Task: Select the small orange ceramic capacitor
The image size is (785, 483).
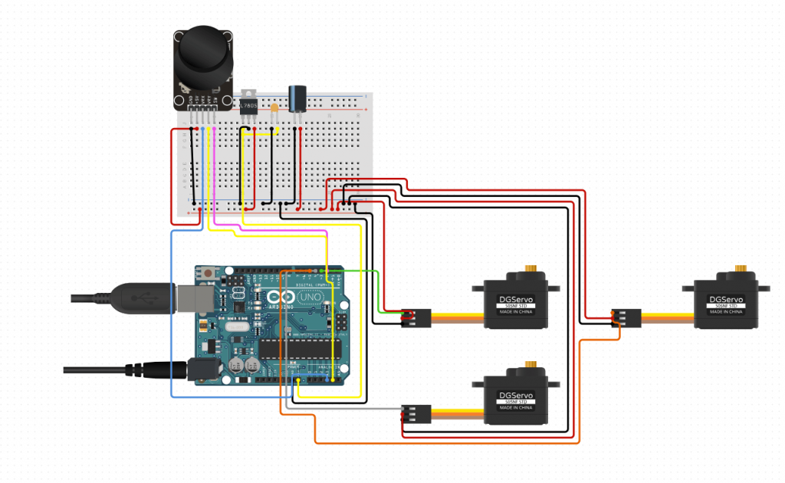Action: coord(274,108)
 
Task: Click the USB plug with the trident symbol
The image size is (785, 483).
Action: coord(140,298)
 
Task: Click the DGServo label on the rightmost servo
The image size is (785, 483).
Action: coord(724,300)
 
